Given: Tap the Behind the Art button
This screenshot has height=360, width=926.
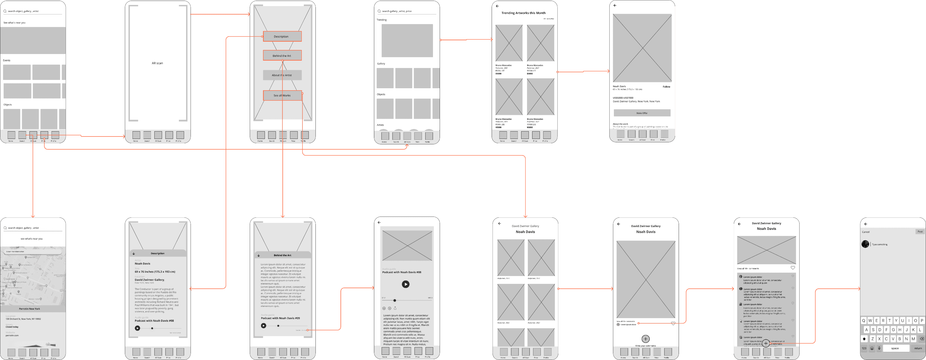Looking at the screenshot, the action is pos(282,56).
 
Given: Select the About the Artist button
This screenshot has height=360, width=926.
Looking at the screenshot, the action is pos(282,75).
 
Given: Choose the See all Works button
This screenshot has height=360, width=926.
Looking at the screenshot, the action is pos(282,95).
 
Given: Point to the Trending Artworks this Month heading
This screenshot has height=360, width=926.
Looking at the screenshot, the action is pos(523,13).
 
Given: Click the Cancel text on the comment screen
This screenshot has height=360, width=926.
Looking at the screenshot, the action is pos(866,232).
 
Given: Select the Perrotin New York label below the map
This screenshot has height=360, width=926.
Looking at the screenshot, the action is pos(29,309).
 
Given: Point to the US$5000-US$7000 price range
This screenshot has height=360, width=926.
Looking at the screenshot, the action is pos(623,98).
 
